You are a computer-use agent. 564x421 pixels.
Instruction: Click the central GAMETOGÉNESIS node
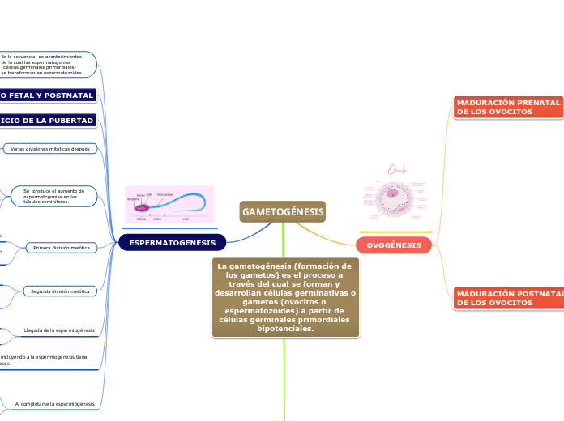(x=283, y=212)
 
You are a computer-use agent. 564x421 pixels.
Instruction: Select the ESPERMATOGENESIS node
(x=173, y=243)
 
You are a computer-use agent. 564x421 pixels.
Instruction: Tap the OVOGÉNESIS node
(x=394, y=245)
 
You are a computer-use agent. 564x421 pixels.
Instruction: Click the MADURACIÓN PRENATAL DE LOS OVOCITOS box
(x=508, y=108)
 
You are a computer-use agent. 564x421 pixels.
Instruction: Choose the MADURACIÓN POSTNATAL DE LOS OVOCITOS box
(x=508, y=298)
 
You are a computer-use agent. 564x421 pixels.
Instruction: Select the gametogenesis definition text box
(x=285, y=297)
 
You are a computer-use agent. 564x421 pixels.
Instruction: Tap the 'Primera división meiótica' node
(x=62, y=248)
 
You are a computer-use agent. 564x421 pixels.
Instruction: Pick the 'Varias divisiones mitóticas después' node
(x=50, y=149)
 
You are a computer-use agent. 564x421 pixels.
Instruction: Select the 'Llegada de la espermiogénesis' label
(x=59, y=330)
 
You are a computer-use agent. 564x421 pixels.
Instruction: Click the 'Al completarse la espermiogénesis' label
(x=55, y=403)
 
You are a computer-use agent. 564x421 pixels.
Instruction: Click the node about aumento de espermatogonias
(x=54, y=196)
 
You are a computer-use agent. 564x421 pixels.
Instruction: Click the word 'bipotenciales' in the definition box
(x=285, y=329)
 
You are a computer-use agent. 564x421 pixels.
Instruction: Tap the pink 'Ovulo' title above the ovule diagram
(x=397, y=169)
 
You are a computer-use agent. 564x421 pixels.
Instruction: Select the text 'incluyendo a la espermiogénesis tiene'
(x=45, y=356)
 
